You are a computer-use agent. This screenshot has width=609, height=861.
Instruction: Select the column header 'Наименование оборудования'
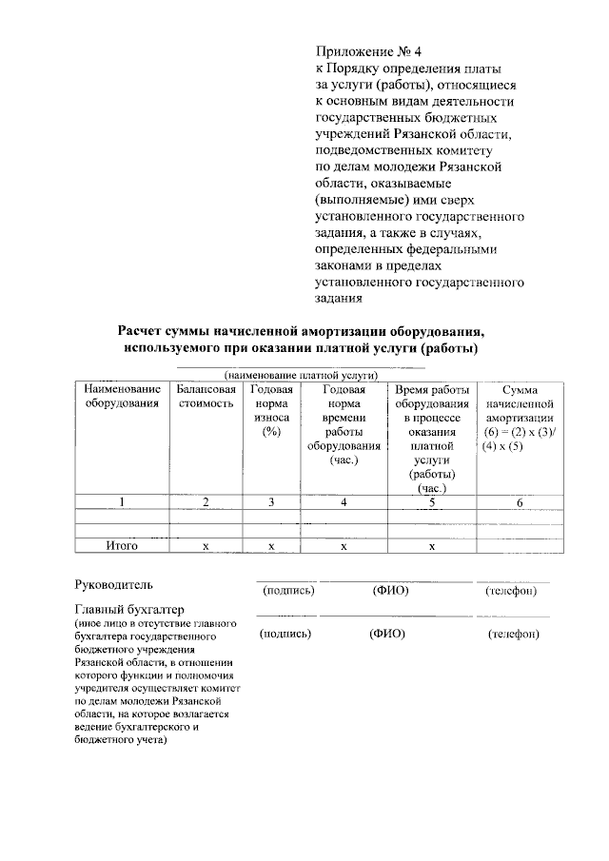121,397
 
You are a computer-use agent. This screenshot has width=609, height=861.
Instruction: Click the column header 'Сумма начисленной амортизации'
520,418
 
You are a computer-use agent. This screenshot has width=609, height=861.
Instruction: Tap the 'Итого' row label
121,545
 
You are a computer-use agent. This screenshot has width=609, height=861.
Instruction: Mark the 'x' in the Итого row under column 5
431,545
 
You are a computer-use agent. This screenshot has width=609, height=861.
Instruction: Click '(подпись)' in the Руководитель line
286,591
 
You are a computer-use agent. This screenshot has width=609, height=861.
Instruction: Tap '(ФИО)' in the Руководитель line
390,591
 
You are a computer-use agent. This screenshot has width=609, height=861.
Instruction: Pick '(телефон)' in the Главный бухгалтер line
512,635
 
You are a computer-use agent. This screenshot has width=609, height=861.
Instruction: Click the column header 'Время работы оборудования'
431,397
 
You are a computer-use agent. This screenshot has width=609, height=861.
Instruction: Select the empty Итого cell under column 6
520,545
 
